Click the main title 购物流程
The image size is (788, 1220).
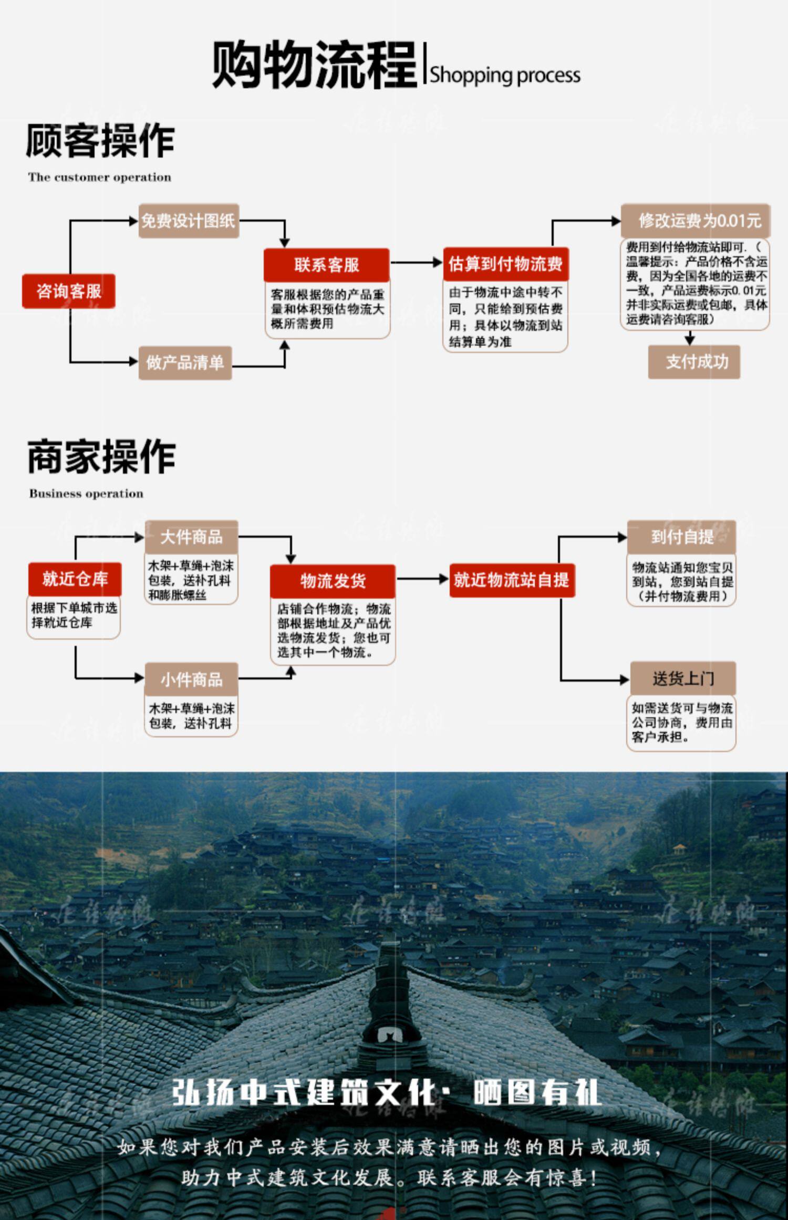pyautogui.click(x=314, y=65)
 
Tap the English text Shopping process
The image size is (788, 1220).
pyautogui.click(x=505, y=75)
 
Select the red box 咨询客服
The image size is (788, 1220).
pyautogui.click(x=68, y=291)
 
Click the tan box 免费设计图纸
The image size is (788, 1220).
pyautogui.click(x=189, y=221)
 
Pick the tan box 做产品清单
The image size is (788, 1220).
pyautogui.click(x=185, y=363)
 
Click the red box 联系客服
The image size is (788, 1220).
pyautogui.click(x=326, y=264)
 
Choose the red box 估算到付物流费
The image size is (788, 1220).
pyautogui.click(x=505, y=263)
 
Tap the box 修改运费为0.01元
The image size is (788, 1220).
pyautogui.click(x=695, y=221)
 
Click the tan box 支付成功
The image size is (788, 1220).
pyautogui.click(x=694, y=361)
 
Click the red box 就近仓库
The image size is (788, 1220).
pyautogui.click(x=75, y=579)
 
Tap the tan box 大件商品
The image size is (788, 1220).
pyautogui.click(x=191, y=537)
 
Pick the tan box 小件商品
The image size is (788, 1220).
pyautogui.click(x=191, y=679)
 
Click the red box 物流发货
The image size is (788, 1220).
pyautogui.click(x=333, y=581)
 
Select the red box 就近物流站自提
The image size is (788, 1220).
pyautogui.click(x=512, y=580)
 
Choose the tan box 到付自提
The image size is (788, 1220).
pyautogui.click(x=681, y=537)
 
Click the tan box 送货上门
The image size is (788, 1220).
pyautogui.click(x=683, y=678)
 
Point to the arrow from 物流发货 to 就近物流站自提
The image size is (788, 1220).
pyautogui.click(x=422, y=579)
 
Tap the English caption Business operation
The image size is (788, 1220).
pyautogui.click(x=86, y=493)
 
